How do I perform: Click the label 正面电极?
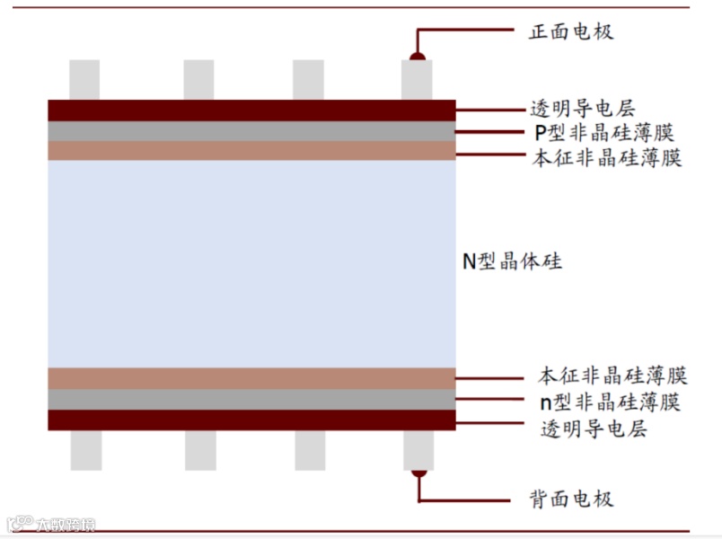pos(571,32)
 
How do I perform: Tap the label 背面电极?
pos(571,499)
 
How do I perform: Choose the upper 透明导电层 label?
pos(582,110)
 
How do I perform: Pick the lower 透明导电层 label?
pos(593,429)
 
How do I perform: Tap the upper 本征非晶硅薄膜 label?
pos(607,158)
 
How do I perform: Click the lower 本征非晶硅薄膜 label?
pos(612,376)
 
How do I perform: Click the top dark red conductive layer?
pos(251,110)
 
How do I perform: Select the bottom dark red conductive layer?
pos(251,420)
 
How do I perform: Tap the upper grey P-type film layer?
pos(251,131)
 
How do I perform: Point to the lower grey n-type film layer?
pos(251,399)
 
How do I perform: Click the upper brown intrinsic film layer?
pos(251,151)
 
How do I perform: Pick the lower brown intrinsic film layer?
pos(251,378)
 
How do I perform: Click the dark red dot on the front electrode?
pos(418,57)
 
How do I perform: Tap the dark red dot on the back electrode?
pos(418,472)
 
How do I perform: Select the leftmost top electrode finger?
pos(84,80)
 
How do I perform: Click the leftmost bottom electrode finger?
pos(86,450)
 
